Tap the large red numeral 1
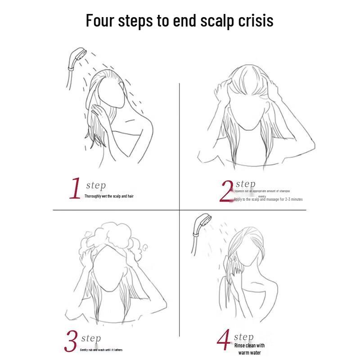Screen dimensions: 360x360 click(x=76, y=189)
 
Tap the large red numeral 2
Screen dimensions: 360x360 click(x=226, y=191)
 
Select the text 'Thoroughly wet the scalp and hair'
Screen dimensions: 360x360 click(x=109, y=196)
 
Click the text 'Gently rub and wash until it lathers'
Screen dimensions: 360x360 click(x=101, y=350)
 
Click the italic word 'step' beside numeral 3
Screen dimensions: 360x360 click(x=91, y=338)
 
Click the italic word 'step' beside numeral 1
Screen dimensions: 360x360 click(x=95, y=185)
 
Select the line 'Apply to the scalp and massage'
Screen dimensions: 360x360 click(x=268, y=199)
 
